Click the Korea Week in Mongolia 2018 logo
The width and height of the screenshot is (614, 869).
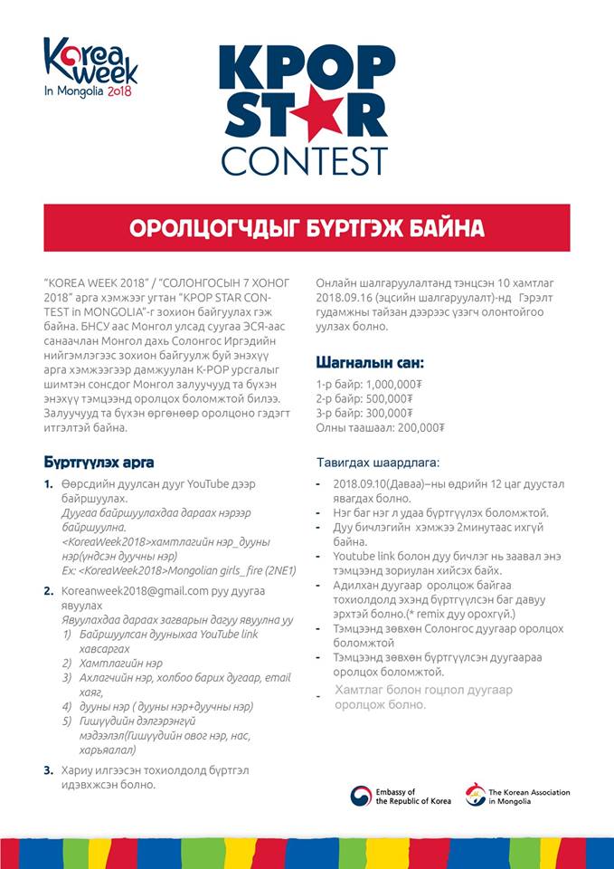coord(90,67)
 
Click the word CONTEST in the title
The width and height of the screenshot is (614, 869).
coord(304,160)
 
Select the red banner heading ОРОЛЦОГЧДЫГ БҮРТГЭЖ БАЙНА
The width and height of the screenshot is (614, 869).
coord(307,227)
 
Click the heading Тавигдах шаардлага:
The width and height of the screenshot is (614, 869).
coord(378,463)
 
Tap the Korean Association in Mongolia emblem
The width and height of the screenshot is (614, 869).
coord(475,796)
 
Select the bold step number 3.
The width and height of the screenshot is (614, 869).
coord(48,770)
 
